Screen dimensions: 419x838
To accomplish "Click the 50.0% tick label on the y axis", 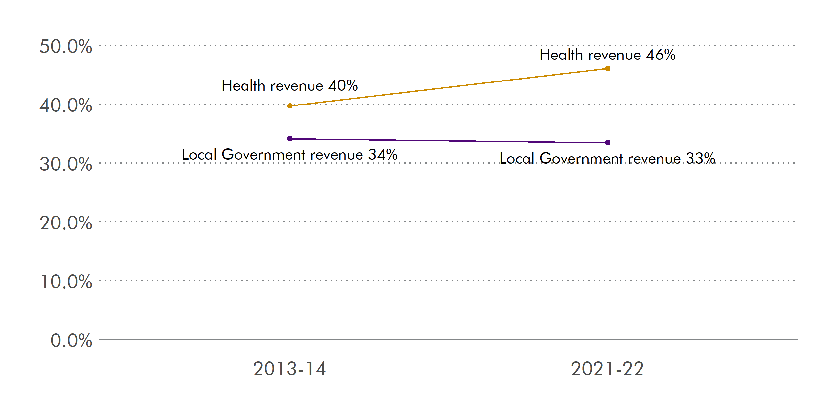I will coord(66,46).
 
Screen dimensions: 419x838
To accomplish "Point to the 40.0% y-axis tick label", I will coord(66,105).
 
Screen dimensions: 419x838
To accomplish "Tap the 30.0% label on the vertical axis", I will coord(66,164).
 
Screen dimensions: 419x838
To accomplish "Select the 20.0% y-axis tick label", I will coord(66,223).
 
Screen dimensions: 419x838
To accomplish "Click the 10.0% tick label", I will coord(66,282).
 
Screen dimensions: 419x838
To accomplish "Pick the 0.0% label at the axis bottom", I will coord(71,340).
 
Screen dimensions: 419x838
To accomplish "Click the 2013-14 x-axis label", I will coord(289,369).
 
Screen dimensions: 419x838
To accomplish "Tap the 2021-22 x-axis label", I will coord(607,369).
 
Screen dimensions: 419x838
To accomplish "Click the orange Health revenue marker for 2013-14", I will coord(290,106).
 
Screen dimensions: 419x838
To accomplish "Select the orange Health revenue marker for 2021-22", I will coord(608,68).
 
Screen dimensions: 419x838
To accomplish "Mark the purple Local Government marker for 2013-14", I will coord(290,139).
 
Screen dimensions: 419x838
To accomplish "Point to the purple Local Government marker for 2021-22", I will coord(608,143).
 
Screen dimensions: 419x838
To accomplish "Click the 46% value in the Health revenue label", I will coord(661,55).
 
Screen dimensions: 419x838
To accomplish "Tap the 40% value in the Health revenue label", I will coord(343,85).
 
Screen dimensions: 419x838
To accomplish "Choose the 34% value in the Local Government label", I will coord(383,154).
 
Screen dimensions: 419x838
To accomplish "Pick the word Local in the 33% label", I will coord(517,158).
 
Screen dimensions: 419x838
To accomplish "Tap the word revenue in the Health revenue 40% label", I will coord(297,86).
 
